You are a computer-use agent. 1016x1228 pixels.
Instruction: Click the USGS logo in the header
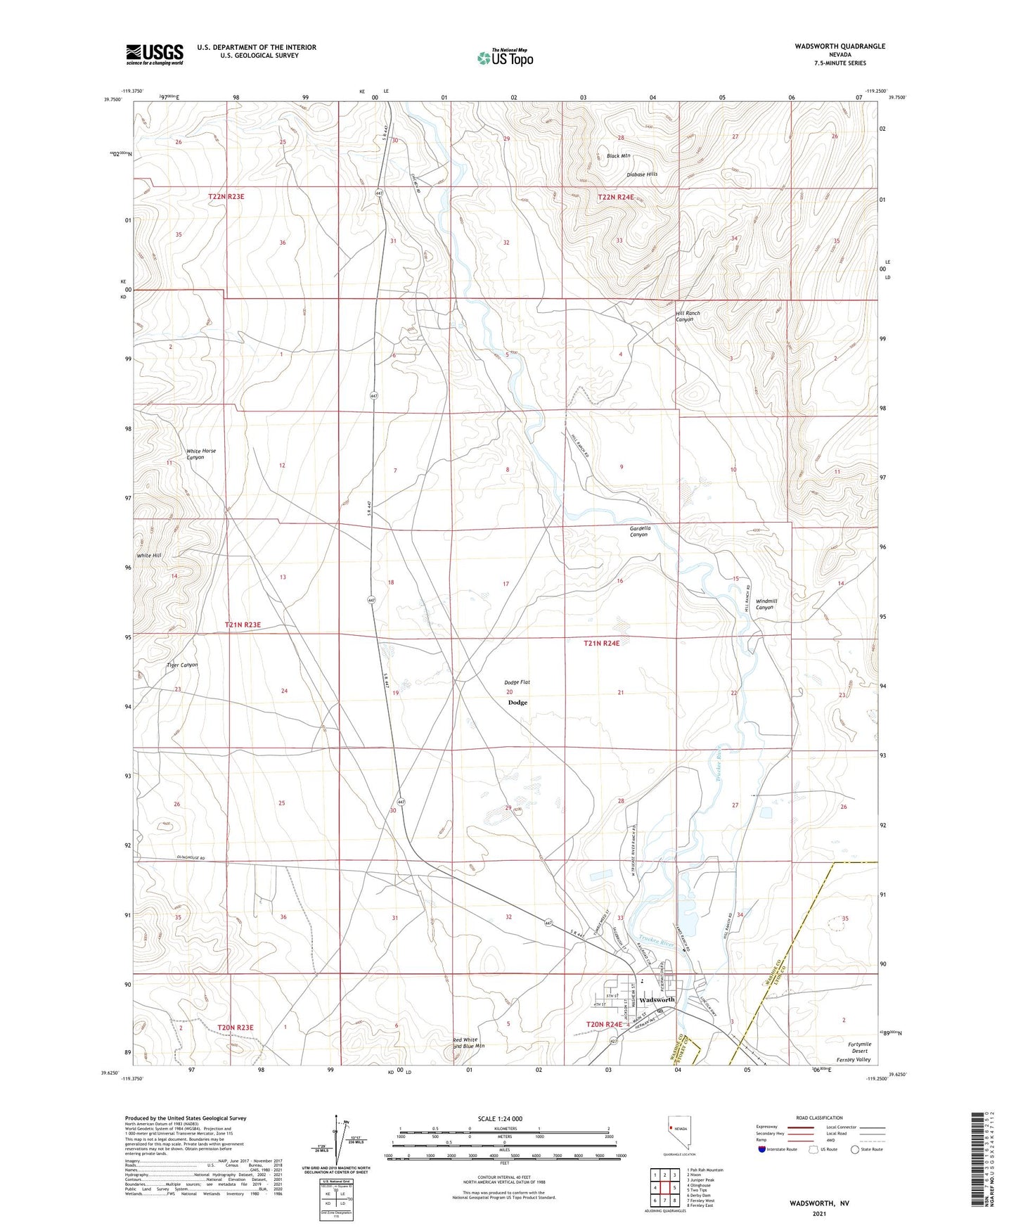(x=155, y=53)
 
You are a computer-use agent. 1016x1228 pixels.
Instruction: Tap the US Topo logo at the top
(x=504, y=58)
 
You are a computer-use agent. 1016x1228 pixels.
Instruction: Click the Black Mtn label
(x=619, y=155)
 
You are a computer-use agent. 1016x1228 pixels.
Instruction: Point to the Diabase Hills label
(x=642, y=174)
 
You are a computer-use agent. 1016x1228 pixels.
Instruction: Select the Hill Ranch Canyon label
(x=687, y=316)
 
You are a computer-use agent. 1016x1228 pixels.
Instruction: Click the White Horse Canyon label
(x=200, y=454)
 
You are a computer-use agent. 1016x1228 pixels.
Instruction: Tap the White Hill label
(x=149, y=556)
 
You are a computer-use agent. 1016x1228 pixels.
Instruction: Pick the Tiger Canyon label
(x=182, y=665)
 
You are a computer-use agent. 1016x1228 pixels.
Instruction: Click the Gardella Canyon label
(x=639, y=531)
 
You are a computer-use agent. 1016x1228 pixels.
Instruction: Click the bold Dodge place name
(x=517, y=703)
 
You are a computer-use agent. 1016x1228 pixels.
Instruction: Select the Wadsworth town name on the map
(x=657, y=999)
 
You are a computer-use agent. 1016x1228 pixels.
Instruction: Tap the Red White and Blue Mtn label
(x=469, y=1043)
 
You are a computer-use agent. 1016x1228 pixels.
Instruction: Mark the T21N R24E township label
(x=601, y=643)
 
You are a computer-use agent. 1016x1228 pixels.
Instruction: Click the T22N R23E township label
(x=226, y=197)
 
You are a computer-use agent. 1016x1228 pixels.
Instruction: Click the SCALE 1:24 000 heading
(x=500, y=1118)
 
